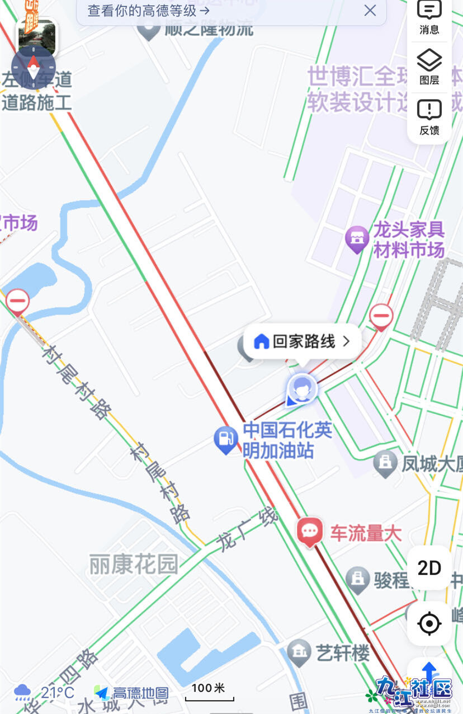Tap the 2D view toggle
429,568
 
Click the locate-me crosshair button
429,623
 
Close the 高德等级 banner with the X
370,10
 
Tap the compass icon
34,67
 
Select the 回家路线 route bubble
303,341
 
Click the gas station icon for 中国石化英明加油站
226,440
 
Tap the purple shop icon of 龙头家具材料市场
357,239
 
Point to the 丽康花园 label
134,565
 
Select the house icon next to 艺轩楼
299,651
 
